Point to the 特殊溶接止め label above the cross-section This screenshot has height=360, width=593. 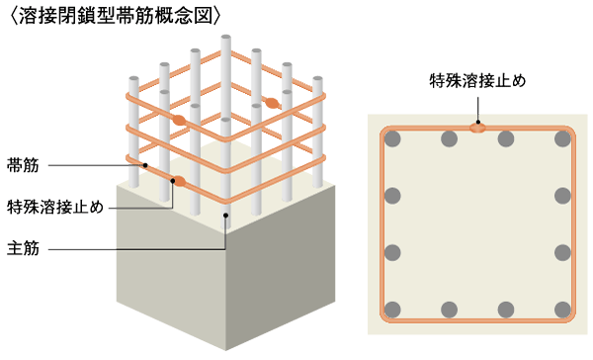click(x=477, y=78)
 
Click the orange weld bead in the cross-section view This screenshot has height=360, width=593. click(x=477, y=128)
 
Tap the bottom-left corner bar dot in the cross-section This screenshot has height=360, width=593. click(x=394, y=309)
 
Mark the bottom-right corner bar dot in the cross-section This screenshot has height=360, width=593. click(x=563, y=309)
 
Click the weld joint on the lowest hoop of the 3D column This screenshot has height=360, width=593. click(x=180, y=181)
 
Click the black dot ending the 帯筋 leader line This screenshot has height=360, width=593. click(x=144, y=164)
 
